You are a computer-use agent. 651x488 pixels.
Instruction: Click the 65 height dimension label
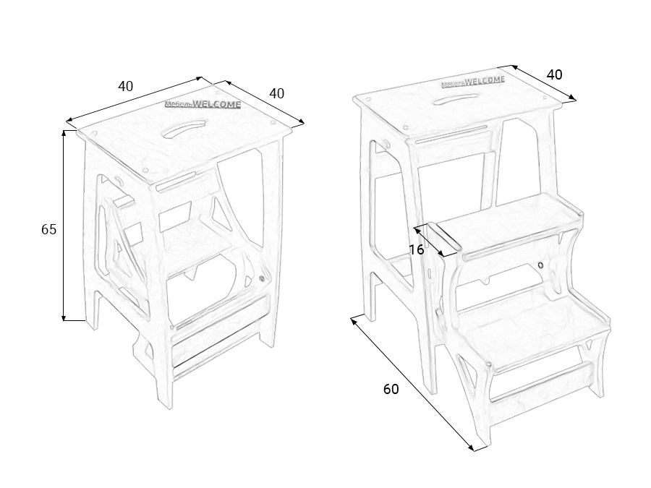click(48, 229)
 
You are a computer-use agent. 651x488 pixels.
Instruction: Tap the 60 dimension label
click(391, 389)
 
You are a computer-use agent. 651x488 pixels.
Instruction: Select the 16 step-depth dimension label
click(417, 250)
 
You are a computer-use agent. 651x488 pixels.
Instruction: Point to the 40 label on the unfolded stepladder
click(554, 74)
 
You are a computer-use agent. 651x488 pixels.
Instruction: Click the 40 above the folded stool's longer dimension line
click(126, 86)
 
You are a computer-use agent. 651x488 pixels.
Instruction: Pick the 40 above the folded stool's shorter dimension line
click(277, 93)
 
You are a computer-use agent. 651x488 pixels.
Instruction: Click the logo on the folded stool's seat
click(203, 103)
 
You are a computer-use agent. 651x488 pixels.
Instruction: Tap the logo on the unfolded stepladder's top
click(473, 82)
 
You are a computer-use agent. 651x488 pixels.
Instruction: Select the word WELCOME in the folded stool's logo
click(216, 103)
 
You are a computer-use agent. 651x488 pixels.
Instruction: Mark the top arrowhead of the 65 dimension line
click(64, 133)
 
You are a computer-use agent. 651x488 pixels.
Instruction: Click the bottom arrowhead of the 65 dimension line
click(64, 317)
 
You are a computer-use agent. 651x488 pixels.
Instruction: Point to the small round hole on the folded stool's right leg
click(262, 280)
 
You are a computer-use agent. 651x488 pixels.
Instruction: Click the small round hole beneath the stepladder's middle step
click(540, 265)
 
